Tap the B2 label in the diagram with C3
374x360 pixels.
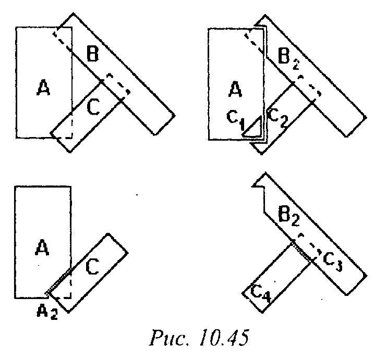tap(288, 215)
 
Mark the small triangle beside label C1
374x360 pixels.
tap(254, 128)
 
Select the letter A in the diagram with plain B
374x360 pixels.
tap(43, 89)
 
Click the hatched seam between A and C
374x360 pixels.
tap(58, 281)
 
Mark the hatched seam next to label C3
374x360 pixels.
tap(301, 251)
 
